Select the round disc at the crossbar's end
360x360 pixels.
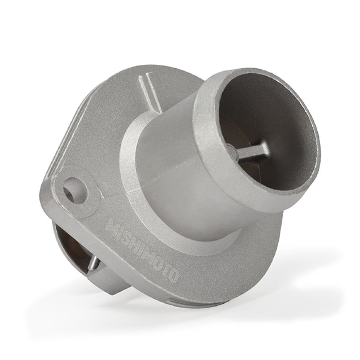coord(231,149)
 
